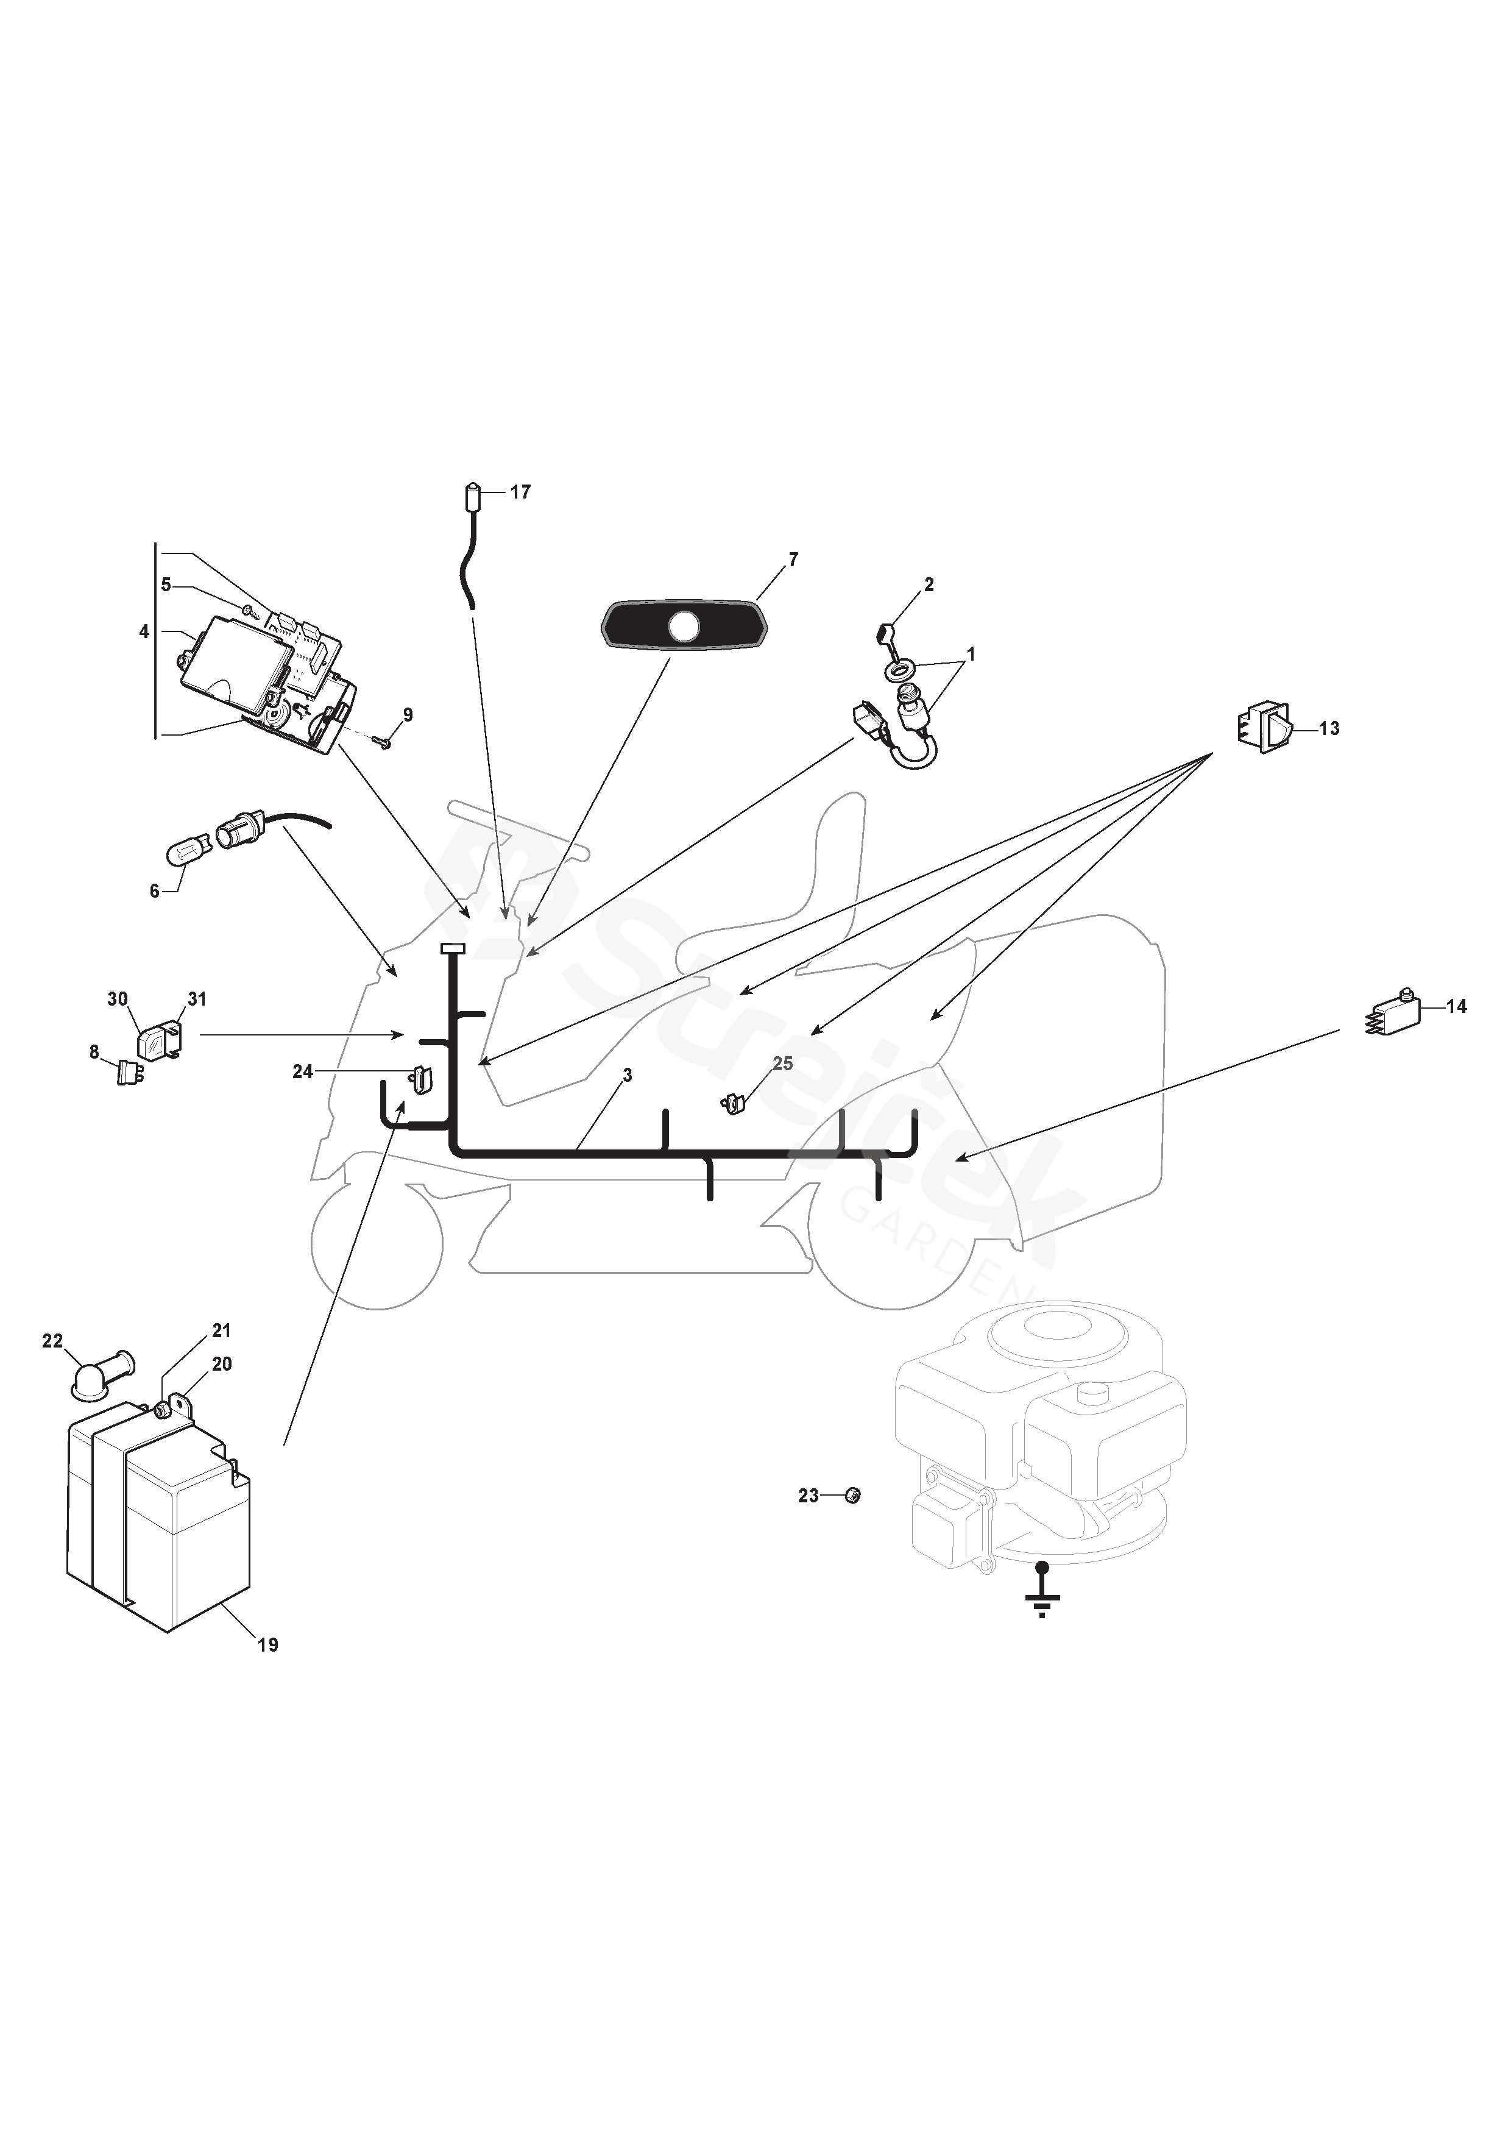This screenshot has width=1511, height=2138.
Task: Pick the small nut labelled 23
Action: (x=851, y=1496)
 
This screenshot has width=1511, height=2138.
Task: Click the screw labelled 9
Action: (x=381, y=741)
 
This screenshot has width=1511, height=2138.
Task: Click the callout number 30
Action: (x=118, y=999)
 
